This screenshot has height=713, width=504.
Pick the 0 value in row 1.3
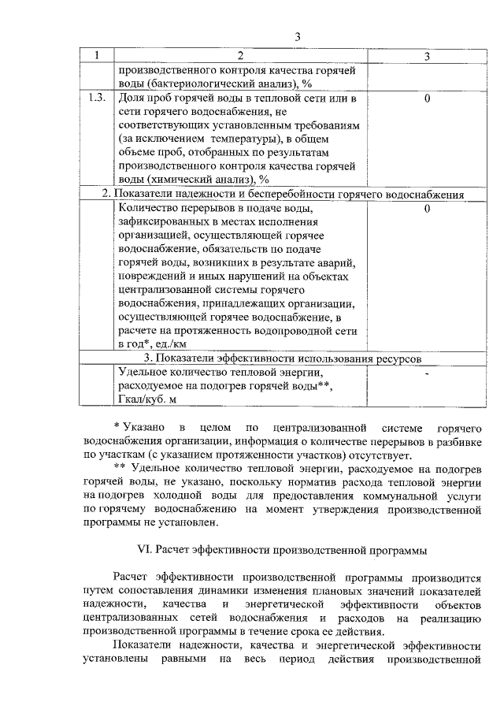(426, 98)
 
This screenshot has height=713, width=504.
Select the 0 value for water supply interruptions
(426, 210)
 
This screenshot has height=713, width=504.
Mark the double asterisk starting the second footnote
(119, 468)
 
